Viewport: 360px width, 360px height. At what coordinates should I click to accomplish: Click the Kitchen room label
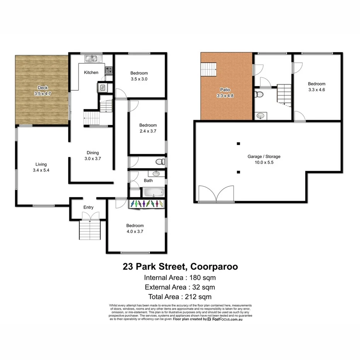(x=91, y=73)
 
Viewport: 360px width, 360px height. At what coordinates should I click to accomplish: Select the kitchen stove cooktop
(x=109, y=70)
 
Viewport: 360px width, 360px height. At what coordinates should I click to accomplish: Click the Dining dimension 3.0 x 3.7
(x=93, y=158)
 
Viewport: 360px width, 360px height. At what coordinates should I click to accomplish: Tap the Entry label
(x=88, y=207)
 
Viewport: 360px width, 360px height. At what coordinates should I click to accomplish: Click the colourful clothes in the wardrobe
(x=146, y=204)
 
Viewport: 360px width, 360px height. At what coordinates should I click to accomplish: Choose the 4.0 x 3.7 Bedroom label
(x=135, y=229)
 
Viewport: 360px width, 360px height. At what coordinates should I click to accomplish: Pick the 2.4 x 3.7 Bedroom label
(x=148, y=128)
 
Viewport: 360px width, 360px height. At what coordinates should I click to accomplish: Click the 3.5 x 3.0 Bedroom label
(x=139, y=76)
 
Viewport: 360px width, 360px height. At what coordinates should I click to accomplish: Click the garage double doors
(x=216, y=194)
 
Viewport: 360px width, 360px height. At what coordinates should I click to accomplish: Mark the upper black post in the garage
(x=239, y=144)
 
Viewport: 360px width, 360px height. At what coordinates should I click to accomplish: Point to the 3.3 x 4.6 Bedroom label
(x=316, y=87)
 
